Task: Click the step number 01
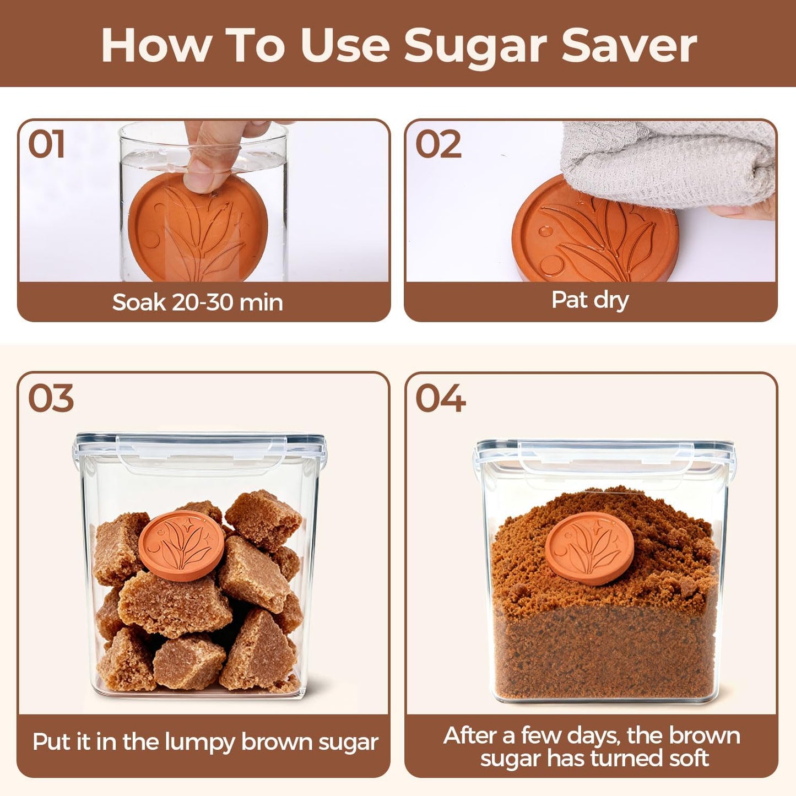coord(46,144)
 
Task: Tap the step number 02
coord(438,144)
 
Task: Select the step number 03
coord(50,398)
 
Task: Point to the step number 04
coord(440,398)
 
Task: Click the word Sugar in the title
coord(476,46)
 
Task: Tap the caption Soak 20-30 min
coord(197,302)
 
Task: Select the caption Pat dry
coord(590,300)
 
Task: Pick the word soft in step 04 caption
coord(689,759)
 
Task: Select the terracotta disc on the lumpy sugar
coord(181,545)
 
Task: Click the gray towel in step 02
coord(667,163)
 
